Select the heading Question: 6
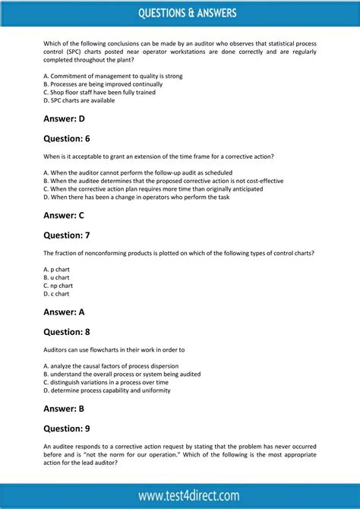click(x=67, y=138)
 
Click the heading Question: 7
click(x=67, y=235)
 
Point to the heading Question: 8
click(x=67, y=331)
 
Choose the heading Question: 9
click(x=67, y=428)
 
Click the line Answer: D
click(x=65, y=119)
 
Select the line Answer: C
click(x=65, y=215)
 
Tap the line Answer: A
click(x=65, y=311)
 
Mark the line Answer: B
click(x=65, y=408)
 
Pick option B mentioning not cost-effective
click(x=163, y=181)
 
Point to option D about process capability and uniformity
click(x=107, y=390)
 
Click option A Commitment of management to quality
click(x=113, y=76)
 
